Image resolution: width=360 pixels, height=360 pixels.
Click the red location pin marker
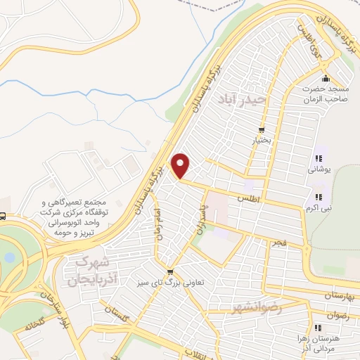click(181, 165)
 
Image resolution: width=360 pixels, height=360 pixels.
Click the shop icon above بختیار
click(262, 130)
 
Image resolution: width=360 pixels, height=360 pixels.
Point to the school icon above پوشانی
click(318, 157)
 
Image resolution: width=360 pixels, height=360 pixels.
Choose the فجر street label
click(280, 243)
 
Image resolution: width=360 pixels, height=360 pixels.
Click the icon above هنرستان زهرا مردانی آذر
click(318, 328)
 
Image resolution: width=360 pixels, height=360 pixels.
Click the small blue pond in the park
click(8, 257)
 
